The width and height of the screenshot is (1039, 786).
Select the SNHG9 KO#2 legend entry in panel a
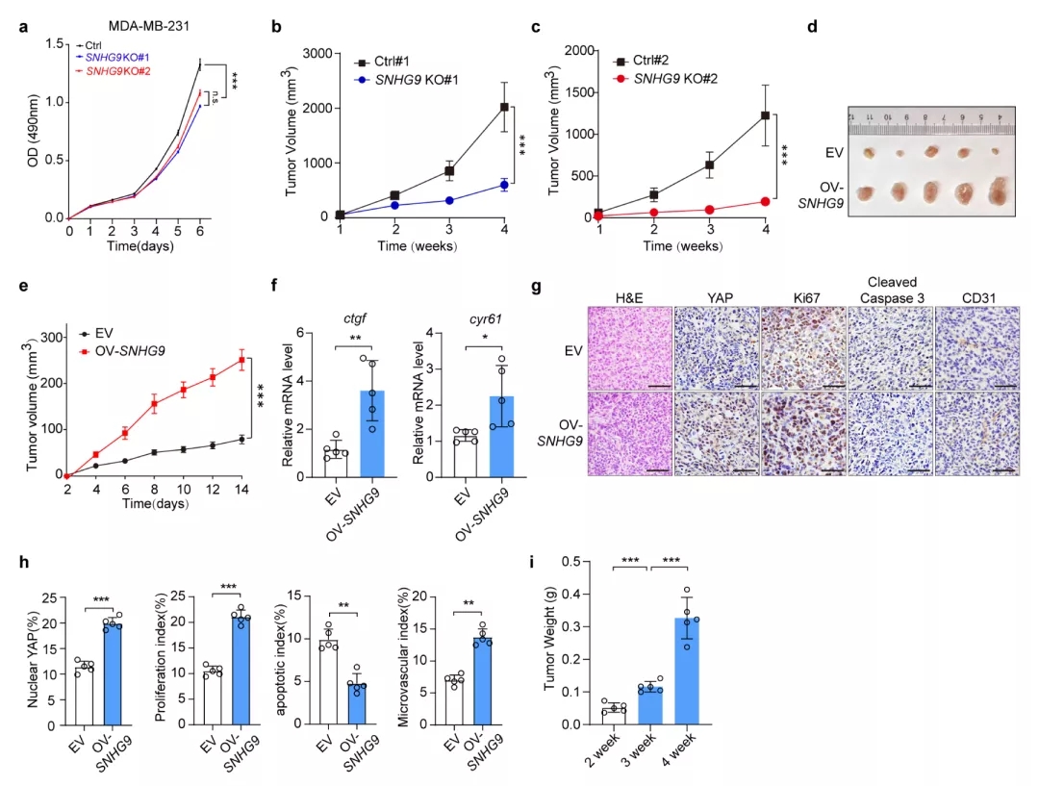(x=119, y=71)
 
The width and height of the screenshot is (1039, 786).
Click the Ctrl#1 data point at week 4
(x=503, y=107)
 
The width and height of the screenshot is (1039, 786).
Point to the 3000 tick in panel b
(x=320, y=54)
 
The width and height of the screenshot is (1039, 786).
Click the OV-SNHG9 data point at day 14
(x=242, y=361)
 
